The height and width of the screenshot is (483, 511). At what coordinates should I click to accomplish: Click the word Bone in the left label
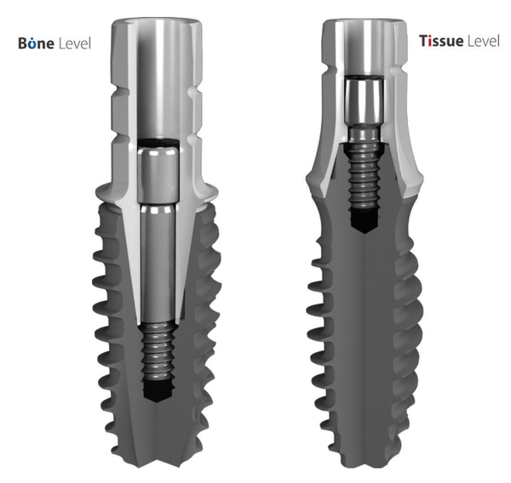tap(36, 43)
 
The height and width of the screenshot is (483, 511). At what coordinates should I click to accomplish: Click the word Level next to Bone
tap(75, 43)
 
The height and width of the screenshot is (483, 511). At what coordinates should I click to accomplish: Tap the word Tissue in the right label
tap(441, 41)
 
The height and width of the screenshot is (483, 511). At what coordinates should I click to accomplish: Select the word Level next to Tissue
tap(484, 41)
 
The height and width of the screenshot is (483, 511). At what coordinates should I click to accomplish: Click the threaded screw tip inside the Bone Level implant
tap(158, 352)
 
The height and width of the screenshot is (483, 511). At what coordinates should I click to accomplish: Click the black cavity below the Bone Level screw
tap(158, 391)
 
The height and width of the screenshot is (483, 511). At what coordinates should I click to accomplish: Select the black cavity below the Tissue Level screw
tap(364, 221)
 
